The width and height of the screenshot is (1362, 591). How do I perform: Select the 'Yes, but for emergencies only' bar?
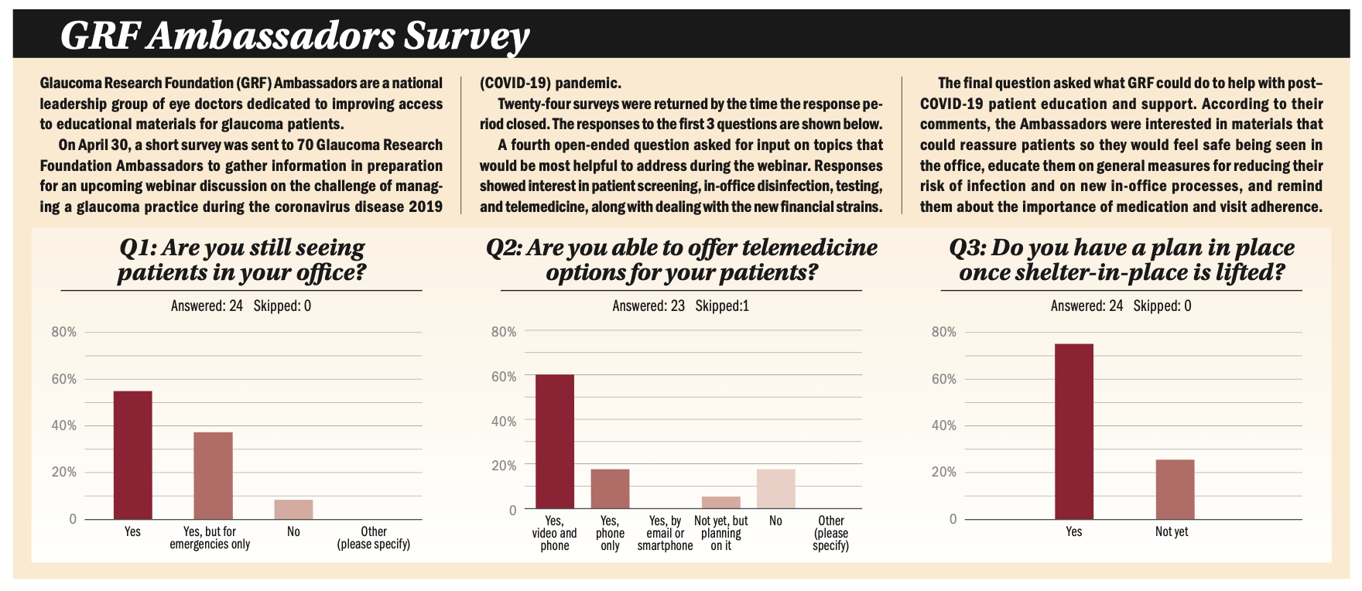pyautogui.click(x=213, y=475)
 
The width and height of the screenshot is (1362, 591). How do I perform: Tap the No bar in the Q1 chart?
pyautogui.click(x=293, y=509)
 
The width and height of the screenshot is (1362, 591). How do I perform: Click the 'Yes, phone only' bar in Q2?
pyautogui.click(x=610, y=488)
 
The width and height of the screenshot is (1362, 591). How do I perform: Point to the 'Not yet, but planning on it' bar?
pyautogui.click(x=720, y=502)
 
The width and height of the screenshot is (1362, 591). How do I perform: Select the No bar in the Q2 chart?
pyautogui.click(x=775, y=488)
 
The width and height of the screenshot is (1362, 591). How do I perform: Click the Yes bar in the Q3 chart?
pyautogui.click(x=1074, y=431)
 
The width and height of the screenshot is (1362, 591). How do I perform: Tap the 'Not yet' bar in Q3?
pyautogui.click(x=1175, y=489)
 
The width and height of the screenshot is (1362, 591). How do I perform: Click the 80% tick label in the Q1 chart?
pyautogui.click(x=64, y=332)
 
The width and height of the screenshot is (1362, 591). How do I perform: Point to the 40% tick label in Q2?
pyautogui.click(x=504, y=422)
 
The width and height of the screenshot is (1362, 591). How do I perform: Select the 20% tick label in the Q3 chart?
pyautogui.click(x=943, y=472)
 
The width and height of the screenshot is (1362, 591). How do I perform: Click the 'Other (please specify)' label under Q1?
pyautogui.click(x=374, y=538)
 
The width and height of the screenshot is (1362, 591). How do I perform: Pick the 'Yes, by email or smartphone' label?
pyautogui.click(x=666, y=533)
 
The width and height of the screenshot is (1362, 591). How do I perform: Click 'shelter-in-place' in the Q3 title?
pyautogui.click(x=1099, y=273)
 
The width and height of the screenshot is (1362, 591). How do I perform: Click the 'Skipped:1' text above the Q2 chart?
pyautogui.click(x=722, y=306)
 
